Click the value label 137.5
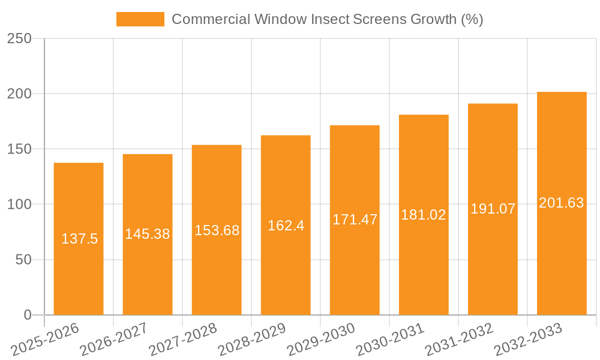tap(79, 239)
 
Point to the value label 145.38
tap(148, 235)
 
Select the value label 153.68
tap(217, 230)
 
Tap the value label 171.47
tap(355, 220)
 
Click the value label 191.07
tap(493, 209)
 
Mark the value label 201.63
tap(562, 203)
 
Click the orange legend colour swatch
tap(140, 19)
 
